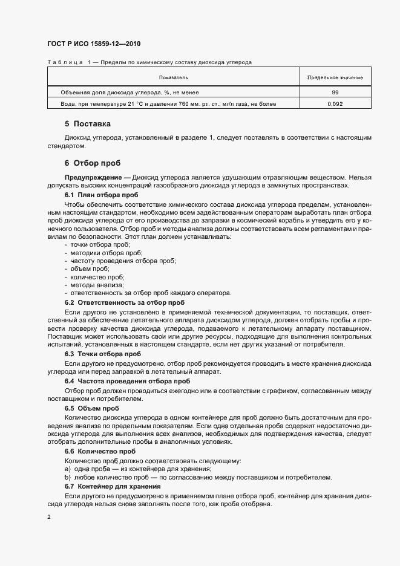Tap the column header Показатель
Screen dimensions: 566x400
(x=174, y=78)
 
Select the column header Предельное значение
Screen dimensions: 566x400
(x=335, y=78)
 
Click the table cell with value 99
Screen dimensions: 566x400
(x=335, y=92)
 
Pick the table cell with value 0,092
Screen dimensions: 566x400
(x=335, y=104)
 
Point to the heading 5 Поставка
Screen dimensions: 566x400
(x=88, y=125)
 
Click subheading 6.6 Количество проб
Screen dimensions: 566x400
(x=100, y=451)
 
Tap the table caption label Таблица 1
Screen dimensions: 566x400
(x=68, y=62)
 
